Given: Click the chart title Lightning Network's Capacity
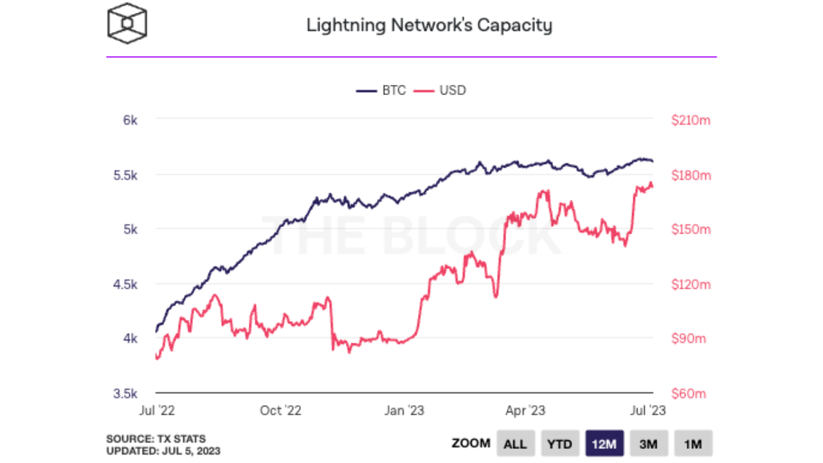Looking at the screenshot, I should [429, 26].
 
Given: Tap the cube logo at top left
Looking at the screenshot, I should [127, 24].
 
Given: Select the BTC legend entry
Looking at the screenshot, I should [382, 91].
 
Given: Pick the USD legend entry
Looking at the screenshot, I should [444, 91].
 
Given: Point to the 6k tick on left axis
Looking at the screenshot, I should [131, 120].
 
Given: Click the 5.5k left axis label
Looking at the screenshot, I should [126, 175].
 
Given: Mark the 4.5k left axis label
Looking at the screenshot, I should [126, 284].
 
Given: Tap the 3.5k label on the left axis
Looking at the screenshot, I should [126, 394].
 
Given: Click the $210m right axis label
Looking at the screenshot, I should [691, 120].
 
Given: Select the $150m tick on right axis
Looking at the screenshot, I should [691, 230].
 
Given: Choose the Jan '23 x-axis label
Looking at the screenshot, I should [404, 410].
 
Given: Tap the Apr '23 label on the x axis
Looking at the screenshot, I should [526, 410].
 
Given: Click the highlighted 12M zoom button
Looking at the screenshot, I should [604, 444].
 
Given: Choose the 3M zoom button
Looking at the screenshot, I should [649, 444].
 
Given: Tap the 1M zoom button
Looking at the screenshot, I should [693, 444].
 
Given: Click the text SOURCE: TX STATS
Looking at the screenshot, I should [156, 439].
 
